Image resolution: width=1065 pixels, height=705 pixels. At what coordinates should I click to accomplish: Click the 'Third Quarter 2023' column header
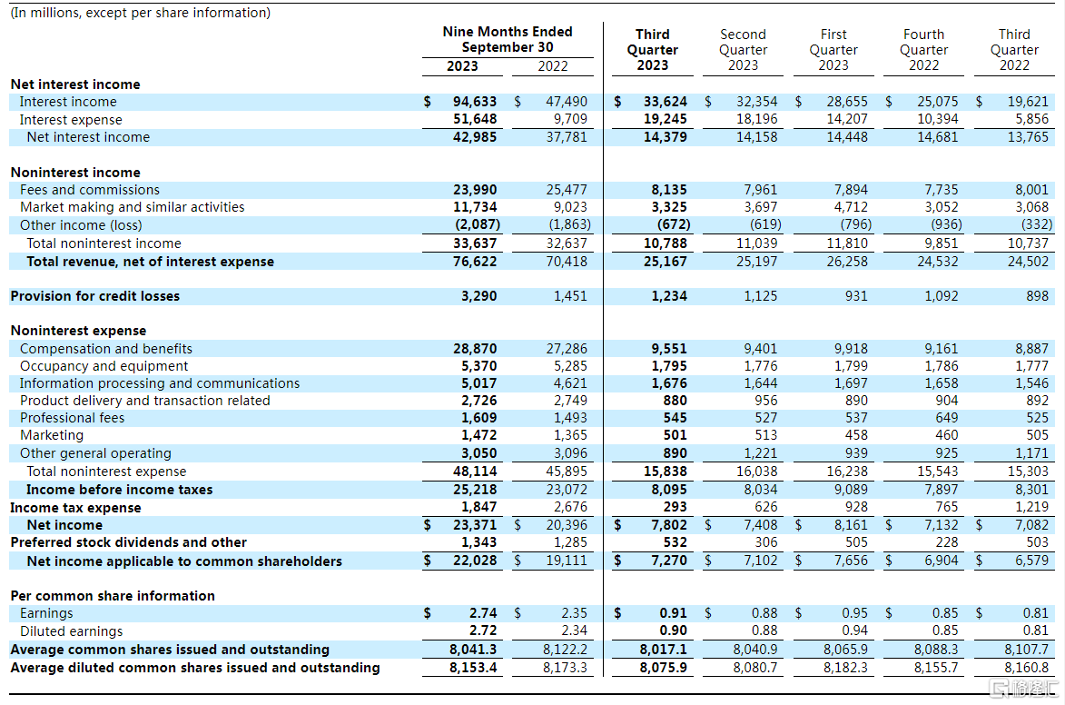[x=652, y=50]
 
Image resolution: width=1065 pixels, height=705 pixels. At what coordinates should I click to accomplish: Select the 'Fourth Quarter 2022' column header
[x=923, y=50]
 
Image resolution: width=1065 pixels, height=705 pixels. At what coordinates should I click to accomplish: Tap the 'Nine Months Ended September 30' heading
[x=508, y=39]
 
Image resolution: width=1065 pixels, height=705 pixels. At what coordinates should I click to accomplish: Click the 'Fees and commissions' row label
[x=90, y=190]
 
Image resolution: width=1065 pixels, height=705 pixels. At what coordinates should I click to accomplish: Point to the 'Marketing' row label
[x=52, y=435]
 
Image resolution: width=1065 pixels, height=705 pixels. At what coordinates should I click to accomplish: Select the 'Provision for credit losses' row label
[x=95, y=296]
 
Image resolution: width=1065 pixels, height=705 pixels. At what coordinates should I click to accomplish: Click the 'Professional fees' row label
[x=72, y=417]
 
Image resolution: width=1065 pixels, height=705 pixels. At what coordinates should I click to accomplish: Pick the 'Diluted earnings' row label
[x=72, y=631]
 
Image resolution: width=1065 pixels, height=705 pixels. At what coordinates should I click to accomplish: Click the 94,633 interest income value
[x=475, y=101]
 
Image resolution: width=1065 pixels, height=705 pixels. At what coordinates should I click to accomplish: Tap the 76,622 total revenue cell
[x=475, y=261]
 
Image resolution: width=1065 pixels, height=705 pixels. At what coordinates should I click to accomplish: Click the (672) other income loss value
[x=674, y=224]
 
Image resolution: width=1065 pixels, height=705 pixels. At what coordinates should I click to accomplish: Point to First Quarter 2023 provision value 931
[x=856, y=296]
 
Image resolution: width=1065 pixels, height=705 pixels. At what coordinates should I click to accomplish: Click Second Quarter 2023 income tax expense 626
[x=765, y=506]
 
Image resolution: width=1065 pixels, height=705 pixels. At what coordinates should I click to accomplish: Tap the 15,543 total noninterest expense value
[x=937, y=472]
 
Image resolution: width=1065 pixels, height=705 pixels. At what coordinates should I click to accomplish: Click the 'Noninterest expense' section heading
[x=78, y=331]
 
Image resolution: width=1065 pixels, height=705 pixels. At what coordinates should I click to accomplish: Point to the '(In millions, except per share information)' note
[x=140, y=12]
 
